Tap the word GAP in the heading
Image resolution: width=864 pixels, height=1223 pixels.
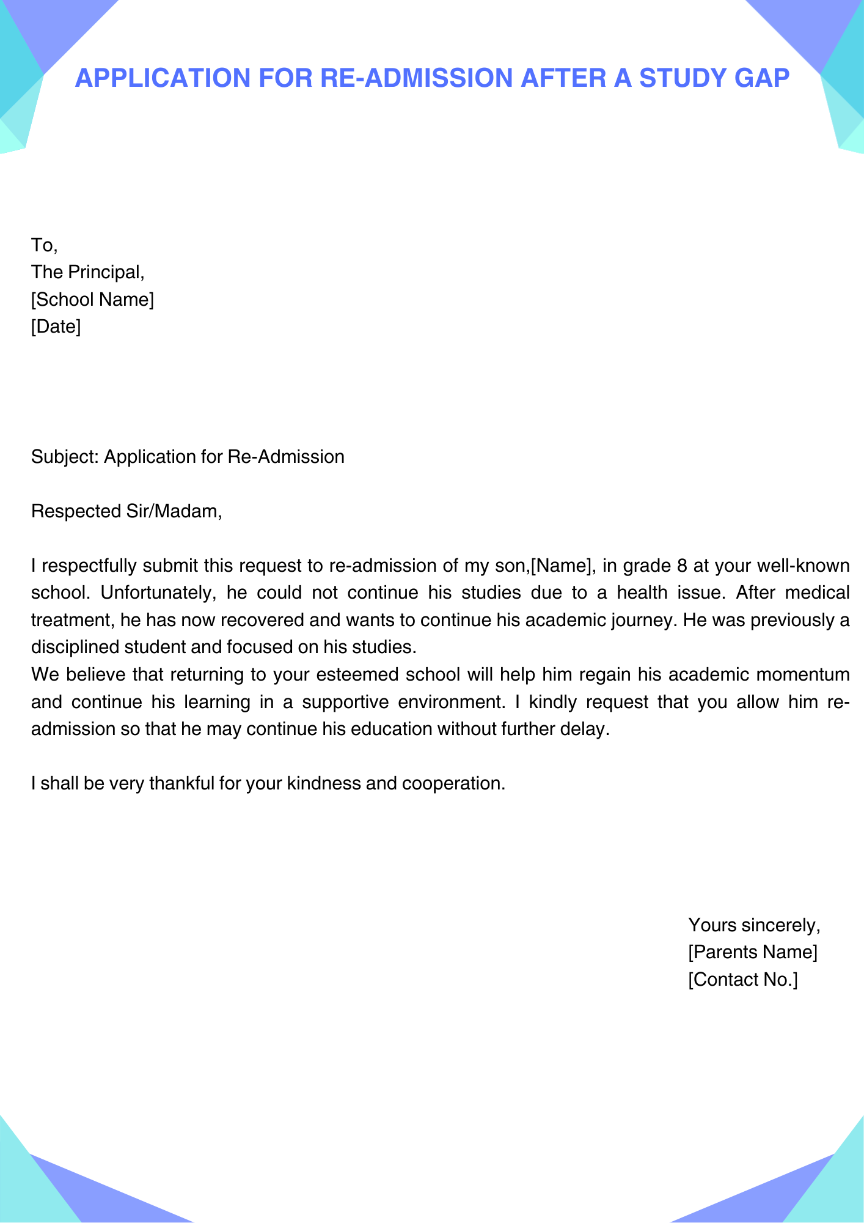click(763, 78)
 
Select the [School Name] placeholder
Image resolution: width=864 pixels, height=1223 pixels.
click(92, 300)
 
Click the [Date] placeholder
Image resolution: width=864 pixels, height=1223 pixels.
click(56, 327)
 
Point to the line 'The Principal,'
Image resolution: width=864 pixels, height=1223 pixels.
click(87, 272)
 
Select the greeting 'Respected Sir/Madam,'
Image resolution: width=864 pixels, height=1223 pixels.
click(126, 511)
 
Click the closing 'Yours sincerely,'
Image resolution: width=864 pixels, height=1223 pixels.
click(754, 925)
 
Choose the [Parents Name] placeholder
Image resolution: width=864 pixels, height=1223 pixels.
click(752, 952)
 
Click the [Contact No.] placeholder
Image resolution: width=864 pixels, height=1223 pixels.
click(742, 980)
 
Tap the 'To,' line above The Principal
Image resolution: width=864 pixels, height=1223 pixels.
click(44, 245)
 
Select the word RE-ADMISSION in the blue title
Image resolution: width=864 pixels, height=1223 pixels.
click(416, 78)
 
